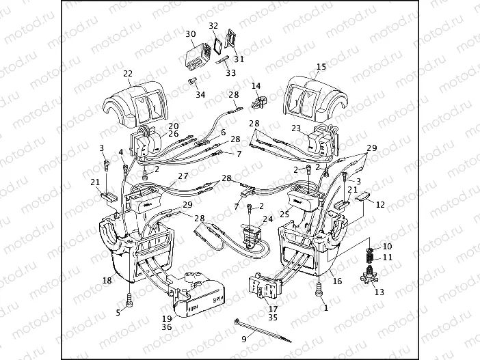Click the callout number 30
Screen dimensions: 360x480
[x=191, y=33]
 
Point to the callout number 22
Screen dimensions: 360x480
[x=128, y=73]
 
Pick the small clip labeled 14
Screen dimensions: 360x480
[x=259, y=102]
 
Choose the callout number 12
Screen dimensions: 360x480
[x=381, y=204]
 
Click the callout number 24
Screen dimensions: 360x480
[x=267, y=220]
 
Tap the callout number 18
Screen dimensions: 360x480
[x=107, y=280]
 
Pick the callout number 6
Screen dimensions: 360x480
[x=223, y=132]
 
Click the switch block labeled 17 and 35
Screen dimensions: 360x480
[x=263, y=290]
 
